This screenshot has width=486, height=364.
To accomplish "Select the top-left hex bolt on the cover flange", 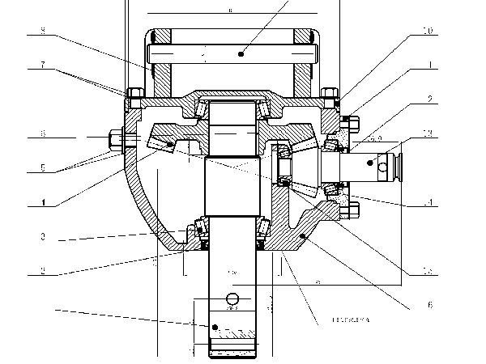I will pyautogui.click(x=134, y=92).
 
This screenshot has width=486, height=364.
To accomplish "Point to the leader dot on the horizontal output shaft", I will pyautogui.click(x=370, y=163).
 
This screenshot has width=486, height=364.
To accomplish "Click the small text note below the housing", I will pyautogui.click(x=350, y=321).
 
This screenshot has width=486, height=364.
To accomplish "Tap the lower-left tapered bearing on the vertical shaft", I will pyautogui.click(x=195, y=231).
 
